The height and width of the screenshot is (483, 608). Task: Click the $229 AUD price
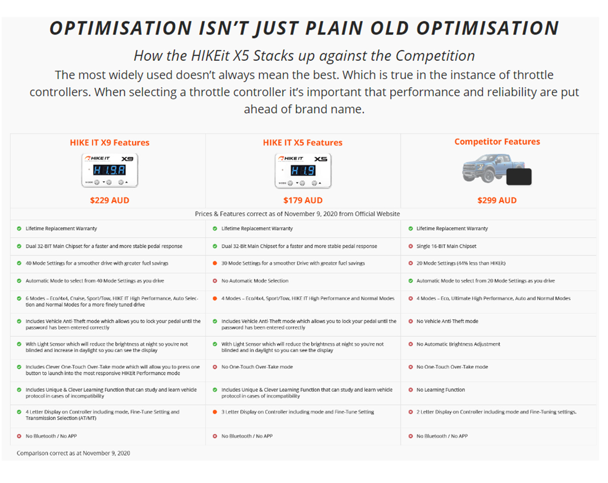point(109,200)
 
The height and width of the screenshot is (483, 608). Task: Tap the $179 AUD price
point(302,200)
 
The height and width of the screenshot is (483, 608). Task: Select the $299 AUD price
point(497,200)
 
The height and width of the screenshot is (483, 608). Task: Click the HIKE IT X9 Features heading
point(109,143)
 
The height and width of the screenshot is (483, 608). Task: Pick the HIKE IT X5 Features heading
point(302,143)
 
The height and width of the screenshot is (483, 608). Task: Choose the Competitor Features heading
point(497,141)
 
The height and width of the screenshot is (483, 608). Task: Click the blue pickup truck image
point(491,168)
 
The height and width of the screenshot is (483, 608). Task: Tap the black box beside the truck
point(519,177)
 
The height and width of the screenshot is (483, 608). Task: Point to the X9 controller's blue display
point(109,170)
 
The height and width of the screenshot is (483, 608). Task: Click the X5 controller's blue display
point(303,170)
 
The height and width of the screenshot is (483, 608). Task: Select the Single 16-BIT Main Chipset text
point(446,246)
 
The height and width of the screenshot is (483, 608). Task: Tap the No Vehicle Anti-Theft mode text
point(447,321)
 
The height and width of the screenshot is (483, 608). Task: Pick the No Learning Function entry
point(440,390)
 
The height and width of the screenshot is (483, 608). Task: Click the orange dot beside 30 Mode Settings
point(215,263)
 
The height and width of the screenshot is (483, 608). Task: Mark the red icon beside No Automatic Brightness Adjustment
point(410,344)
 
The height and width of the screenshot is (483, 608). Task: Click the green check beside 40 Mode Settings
point(19,263)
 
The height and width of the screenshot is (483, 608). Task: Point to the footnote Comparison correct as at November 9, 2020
point(73,453)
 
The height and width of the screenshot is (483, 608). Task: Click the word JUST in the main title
point(277,28)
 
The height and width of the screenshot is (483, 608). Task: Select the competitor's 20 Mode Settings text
point(461,263)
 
